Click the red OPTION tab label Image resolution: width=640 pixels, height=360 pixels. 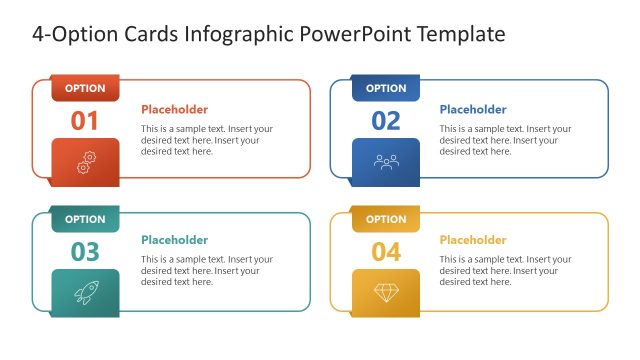click(x=85, y=88)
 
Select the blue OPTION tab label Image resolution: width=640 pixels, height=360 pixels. click(x=386, y=88)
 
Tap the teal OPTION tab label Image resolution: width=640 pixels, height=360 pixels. click(x=85, y=219)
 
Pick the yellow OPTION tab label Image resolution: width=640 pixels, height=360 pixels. click(x=386, y=219)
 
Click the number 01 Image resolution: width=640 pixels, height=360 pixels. click(x=85, y=121)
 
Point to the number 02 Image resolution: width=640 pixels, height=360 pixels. click(x=386, y=121)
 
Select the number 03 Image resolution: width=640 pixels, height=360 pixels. click(x=85, y=252)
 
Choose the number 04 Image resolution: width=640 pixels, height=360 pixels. click(x=386, y=252)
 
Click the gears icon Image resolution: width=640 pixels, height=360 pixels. click(x=85, y=161)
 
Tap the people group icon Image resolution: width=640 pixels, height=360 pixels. click(x=386, y=161)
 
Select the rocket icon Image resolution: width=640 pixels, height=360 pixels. click(x=85, y=292)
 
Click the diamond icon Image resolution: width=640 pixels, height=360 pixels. click(x=386, y=292)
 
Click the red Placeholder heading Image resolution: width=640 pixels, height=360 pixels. click(x=174, y=110)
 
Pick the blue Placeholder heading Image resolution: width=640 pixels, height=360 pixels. click(x=472, y=110)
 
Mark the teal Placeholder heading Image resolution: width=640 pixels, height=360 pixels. click(x=174, y=240)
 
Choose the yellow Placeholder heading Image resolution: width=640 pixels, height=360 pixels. click(x=472, y=240)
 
